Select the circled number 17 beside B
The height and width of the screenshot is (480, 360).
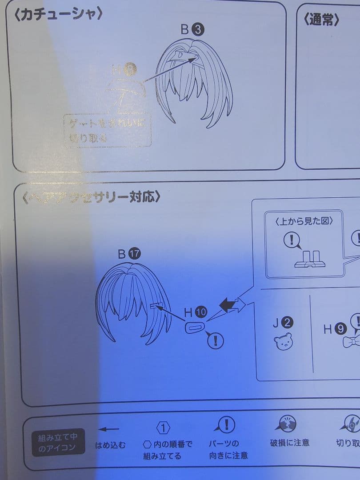click(134, 254)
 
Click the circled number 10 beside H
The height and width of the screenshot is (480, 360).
click(201, 312)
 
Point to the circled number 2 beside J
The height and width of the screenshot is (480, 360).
click(288, 323)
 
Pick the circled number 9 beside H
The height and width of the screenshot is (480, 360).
click(340, 329)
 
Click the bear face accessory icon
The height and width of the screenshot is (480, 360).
click(283, 341)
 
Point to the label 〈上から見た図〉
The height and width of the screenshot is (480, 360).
click(304, 221)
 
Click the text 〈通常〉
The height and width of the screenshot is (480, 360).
click(322, 20)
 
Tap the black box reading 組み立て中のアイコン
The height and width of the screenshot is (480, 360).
click(58, 443)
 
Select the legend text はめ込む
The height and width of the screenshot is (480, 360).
click(110, 444)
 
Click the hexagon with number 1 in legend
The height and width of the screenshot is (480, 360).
click(163, 428)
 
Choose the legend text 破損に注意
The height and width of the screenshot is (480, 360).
click(289, 443)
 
